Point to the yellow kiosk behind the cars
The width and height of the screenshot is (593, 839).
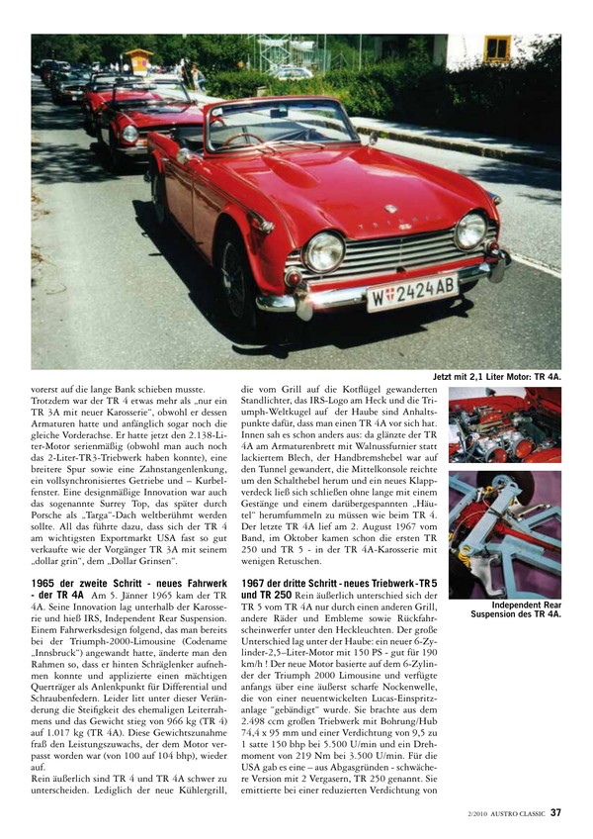click(x=138, y=61)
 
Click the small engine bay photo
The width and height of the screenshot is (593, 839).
click(x=504, y=426)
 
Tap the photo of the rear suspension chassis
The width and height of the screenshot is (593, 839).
click(x=504, y=534)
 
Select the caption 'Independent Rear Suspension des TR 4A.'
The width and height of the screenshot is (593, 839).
click(x=512, y=609)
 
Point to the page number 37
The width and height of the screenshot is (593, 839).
click(x=556, y=813)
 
